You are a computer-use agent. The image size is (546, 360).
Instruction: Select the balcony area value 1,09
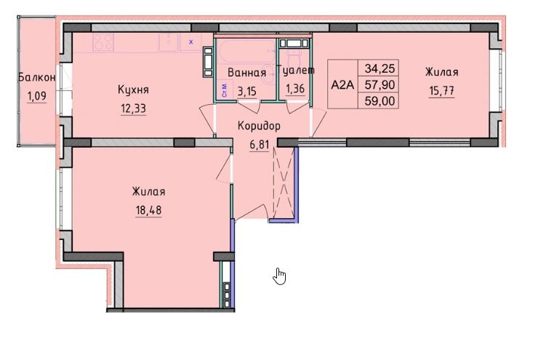click(x=36, y=95)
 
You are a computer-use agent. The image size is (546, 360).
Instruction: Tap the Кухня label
click(x=133, y=89)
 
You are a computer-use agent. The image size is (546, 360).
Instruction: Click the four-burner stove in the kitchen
click(x=103, y=42)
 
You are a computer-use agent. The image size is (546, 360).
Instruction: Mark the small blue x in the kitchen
click(x=191, y=42)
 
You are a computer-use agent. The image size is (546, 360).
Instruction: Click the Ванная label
click(x=246, y=73)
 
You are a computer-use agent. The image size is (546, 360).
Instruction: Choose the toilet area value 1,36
click(x=296, y=89)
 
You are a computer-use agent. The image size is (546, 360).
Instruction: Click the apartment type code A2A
click(x=342, y=84)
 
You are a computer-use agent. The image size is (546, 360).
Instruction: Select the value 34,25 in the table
click(x=379, y=68)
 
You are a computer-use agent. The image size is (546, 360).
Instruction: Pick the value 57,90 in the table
click(x=379, y=84)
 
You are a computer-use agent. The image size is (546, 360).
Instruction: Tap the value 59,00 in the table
click(x=379, y=101)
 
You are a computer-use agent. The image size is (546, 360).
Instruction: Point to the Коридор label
click(x=259, y=125)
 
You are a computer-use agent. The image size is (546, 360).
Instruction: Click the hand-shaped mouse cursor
click(x=281, y=276)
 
